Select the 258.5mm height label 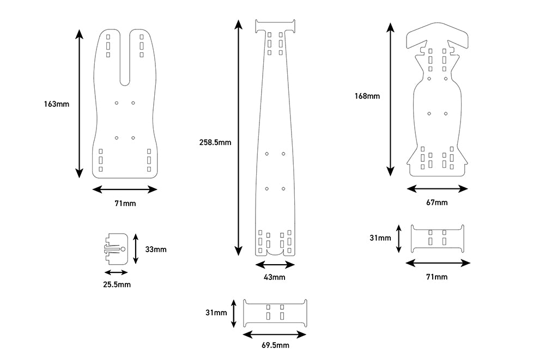click(x=216, y=142)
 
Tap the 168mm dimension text click(x=367, y=96)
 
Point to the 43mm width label click(x=275, y=277)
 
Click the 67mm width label click(x=437, y=203)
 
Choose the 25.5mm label click(x=117, y=284)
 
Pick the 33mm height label click(x=156, y=249)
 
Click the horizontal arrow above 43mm click(x=275, y=265)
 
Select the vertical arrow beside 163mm click(x=80, y=103)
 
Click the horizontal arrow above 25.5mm click(x=116, y=272)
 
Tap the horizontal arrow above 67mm click(x=437, y=189)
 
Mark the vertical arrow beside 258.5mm click(x=238, y=137)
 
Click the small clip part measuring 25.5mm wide click(x=116, y=248)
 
